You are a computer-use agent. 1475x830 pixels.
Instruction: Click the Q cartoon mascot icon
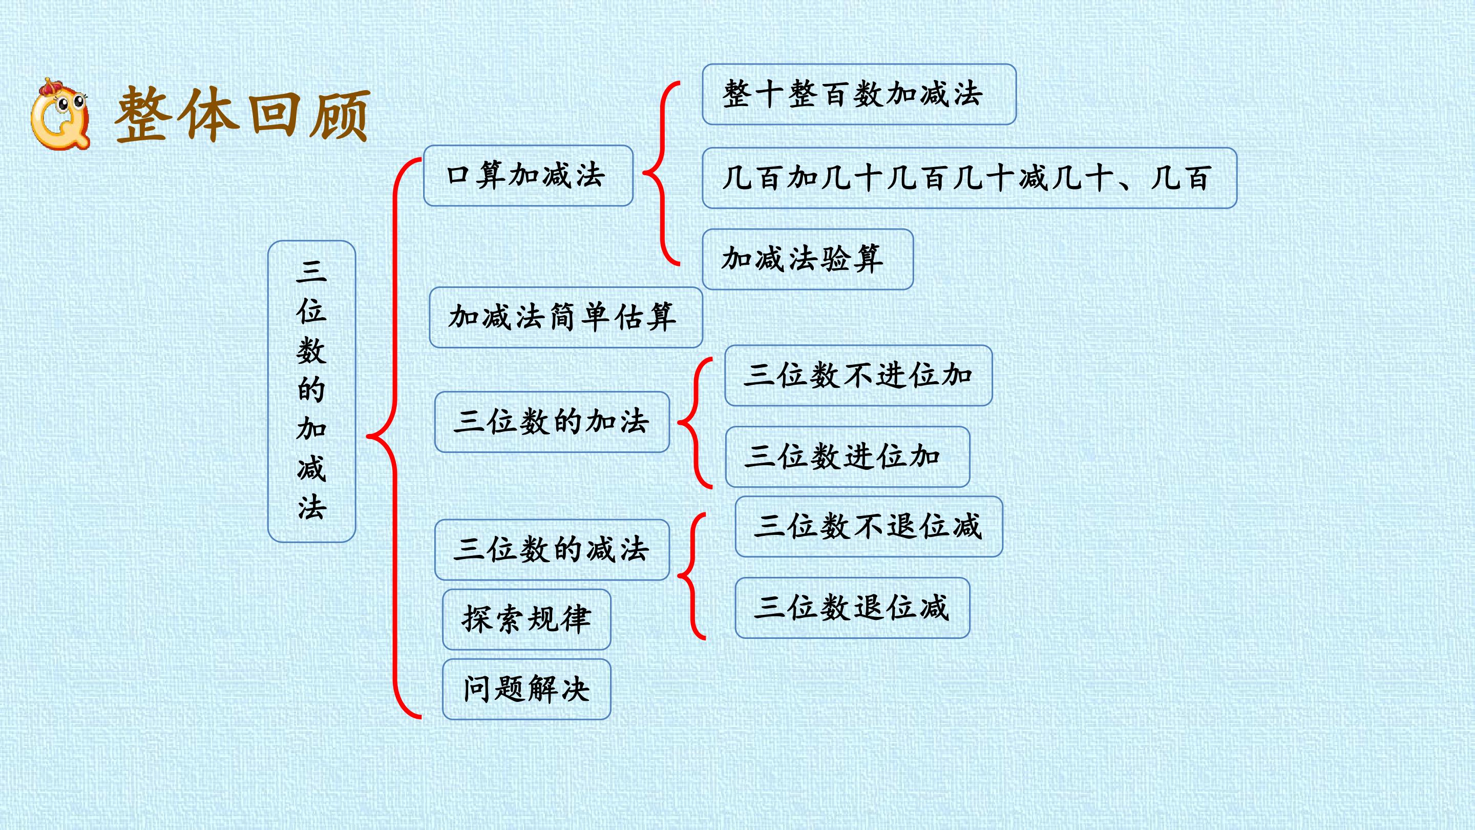[60, 113]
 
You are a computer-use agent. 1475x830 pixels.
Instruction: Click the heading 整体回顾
[242, 115]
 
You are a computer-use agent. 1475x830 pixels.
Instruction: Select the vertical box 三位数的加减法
[311, 391]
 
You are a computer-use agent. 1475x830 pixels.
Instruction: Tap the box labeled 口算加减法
[528, 175]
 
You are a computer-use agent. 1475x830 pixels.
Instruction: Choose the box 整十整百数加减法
[859, 94]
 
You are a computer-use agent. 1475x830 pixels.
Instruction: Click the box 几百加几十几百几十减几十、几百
[970, 178]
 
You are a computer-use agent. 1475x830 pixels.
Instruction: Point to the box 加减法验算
[807, 259]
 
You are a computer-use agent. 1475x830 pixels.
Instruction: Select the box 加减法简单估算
[566, 317]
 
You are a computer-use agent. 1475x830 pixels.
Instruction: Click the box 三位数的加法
[552, 422]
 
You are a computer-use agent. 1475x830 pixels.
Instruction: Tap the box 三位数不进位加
[858, 375]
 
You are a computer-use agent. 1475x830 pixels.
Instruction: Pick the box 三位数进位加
[848, 457]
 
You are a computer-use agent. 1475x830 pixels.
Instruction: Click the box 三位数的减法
[552, 550]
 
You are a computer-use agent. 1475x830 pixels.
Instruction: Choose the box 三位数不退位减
[869, 526]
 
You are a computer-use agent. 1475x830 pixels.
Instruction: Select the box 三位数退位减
[852, 608]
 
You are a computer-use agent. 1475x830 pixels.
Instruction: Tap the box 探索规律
[526, 619]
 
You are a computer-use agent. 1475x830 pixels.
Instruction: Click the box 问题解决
[526, 689]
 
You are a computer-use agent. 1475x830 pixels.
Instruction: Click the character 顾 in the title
[340, 116]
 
